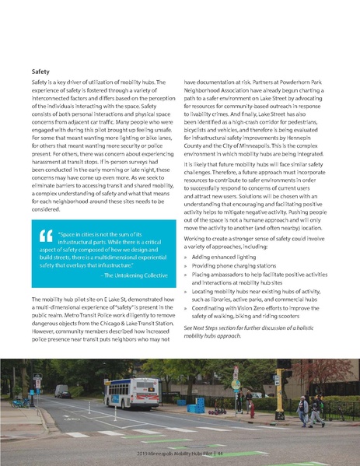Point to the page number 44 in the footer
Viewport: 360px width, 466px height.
[222, 454]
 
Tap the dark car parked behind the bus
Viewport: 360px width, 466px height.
[62, 391]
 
